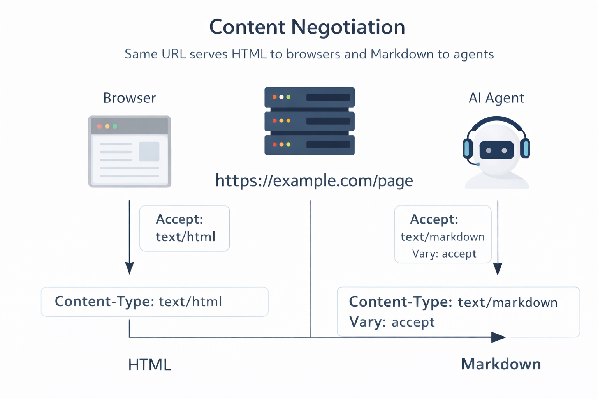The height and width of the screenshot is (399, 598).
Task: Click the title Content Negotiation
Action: [x=307, y=27]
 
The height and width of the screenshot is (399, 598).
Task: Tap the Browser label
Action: [x=129, y=98]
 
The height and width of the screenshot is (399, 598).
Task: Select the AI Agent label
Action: [x=496, y=98]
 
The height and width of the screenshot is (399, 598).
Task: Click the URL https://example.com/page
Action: [x=314, y=180]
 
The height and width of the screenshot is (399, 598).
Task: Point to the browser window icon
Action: [x=130, y=152]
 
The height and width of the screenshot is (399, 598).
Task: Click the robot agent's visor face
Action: [x=496, y=150]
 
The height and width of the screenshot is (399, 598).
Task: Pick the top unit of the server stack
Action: [x=310, y=97]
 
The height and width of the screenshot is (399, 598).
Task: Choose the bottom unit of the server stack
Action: [x=310, y=145]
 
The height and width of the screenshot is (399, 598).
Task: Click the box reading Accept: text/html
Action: [x=185, y=228]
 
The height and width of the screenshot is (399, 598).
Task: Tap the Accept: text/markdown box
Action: [x=443, y=234]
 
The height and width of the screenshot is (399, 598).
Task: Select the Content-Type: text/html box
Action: [x=155, y=302]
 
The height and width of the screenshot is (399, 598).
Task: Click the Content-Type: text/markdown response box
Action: [x=458, y=312]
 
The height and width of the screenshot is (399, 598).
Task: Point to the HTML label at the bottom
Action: [x=149, y=365]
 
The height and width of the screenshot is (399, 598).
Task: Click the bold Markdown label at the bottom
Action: [x=501, y=364]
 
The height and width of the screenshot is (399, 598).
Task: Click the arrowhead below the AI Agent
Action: [x=498, y=268]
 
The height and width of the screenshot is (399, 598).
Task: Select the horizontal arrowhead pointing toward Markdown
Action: [x=498, y=337]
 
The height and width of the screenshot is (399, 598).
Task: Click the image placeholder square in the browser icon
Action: [x=149, y=152]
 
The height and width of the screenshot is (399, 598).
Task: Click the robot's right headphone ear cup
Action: [x=525, y=148]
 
